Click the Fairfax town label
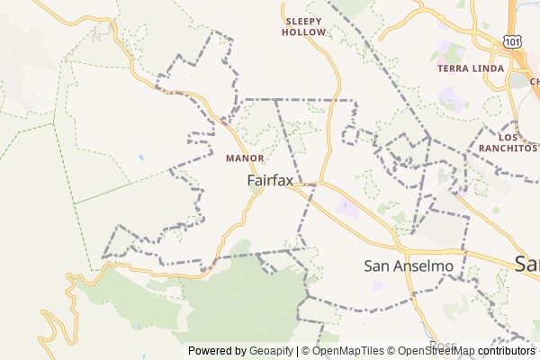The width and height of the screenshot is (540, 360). pyautogui.click(x=270, y=181)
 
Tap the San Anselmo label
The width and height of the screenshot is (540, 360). pyautogui.click(x=408, y=265)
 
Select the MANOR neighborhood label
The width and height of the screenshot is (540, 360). pyautogui.click(x=245, y=158)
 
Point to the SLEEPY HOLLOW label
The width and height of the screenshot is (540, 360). pyautogui.click(x=304, y=26)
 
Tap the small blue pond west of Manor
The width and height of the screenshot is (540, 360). pyautogui.click(x=140, y=158)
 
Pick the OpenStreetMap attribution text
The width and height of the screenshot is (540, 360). pyautogui.click(x=436, y=351)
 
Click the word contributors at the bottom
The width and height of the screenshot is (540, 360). pyautogui.click(x=507, y=351)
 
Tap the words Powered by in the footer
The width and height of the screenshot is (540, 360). pyautogui.click(x=217, y=351)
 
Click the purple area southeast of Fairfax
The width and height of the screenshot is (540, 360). pyautogui.click(x=346, y=210)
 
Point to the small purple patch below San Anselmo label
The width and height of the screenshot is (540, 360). pyautogui.click(x=378, y=286)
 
